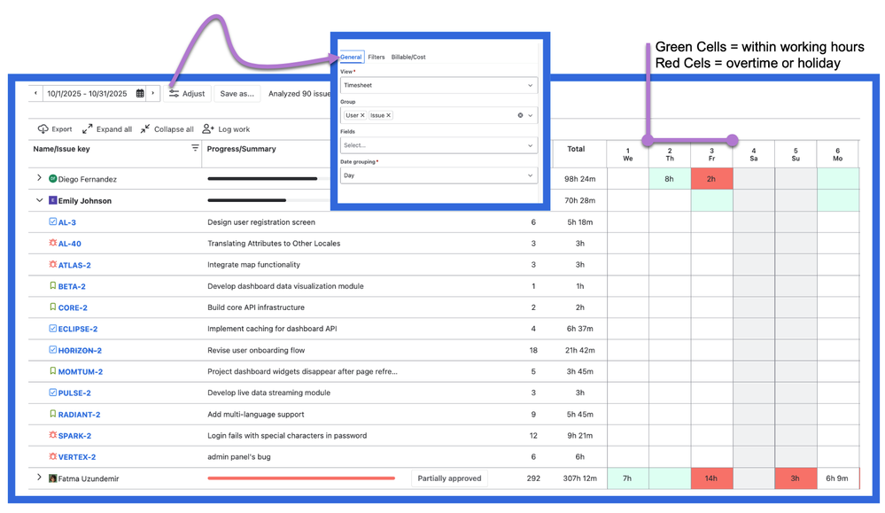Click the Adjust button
pos(187,93)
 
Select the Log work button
pos(227,129)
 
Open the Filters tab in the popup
pos(377,57)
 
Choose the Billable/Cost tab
pos(408,57)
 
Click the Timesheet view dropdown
pos(439,85)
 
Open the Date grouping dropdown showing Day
pos(439,175)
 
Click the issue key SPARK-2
pos(74,436)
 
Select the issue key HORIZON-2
pos(80,351)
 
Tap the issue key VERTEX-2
pos(77,457)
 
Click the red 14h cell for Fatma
pos(711,478)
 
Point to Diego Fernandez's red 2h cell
pos(711,179)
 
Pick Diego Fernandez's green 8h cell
pos(670,179)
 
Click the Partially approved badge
pos(450,478)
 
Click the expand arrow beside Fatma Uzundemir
pos(39,478)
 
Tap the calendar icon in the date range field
pos(140,93)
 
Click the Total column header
pos(576,149)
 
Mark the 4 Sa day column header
pos(754,154)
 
